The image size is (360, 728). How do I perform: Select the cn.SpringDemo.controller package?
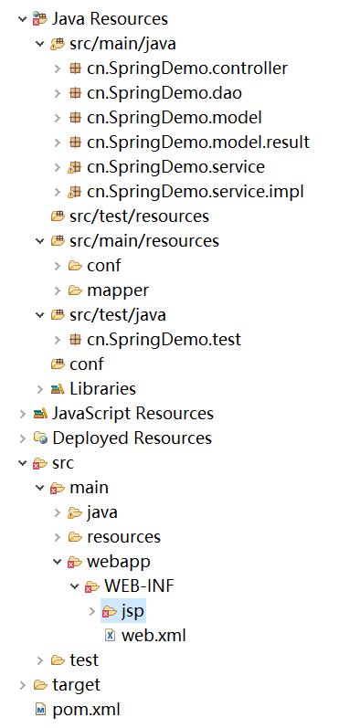tap(187, 68)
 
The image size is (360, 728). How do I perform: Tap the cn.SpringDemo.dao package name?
tap(164, 92)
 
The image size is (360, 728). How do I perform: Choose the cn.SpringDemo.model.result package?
tap(198, 142)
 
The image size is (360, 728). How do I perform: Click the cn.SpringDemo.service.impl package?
tap(196, 191)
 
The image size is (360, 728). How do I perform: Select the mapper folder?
tap(118, 290)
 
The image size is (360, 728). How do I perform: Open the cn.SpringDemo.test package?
tap(164, 340)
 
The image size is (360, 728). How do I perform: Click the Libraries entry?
tap(102, 389)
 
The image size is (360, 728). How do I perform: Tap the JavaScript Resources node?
tap(132, 414)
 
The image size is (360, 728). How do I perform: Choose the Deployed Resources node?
tap(132, 438)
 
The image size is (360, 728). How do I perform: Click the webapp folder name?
tap(118, 561)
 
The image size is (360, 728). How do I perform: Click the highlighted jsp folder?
tap(133, 610)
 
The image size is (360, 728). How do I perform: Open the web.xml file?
tap(154, 635)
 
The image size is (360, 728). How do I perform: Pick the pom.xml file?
tap(86, 709)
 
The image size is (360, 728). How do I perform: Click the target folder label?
tap(76, 684)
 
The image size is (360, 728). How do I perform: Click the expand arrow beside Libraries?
tap(39, 389)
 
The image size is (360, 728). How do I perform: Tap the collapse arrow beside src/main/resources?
tap(39, 241)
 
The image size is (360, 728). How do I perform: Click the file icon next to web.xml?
tap(110, 635)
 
